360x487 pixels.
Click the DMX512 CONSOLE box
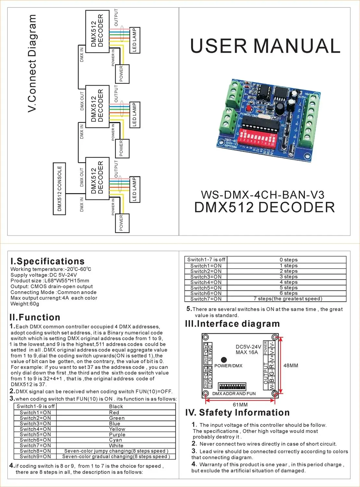coord(59,189)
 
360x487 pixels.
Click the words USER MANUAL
coord(265,46)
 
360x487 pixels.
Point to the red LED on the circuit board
coord(249,108)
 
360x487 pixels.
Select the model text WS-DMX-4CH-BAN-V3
coord(263,195)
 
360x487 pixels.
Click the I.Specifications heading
coord(47,261)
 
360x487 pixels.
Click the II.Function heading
coord(35,317)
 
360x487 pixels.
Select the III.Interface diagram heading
coord(232,324)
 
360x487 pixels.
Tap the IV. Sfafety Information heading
coord(237,413)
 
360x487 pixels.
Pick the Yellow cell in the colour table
coord(117,429)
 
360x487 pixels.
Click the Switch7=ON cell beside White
coord(35,445)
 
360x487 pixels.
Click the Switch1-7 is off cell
coord(206,260)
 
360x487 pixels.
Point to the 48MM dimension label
coord(291,366)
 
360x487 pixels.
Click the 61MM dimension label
coord(240,405)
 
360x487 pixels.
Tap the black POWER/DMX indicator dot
coord(224,360)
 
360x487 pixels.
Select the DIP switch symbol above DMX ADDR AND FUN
coord(232,386)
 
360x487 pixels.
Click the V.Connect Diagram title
coord(32,63)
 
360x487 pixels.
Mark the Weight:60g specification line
coord(25,304)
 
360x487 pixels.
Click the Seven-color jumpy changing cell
coord(116,451)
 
